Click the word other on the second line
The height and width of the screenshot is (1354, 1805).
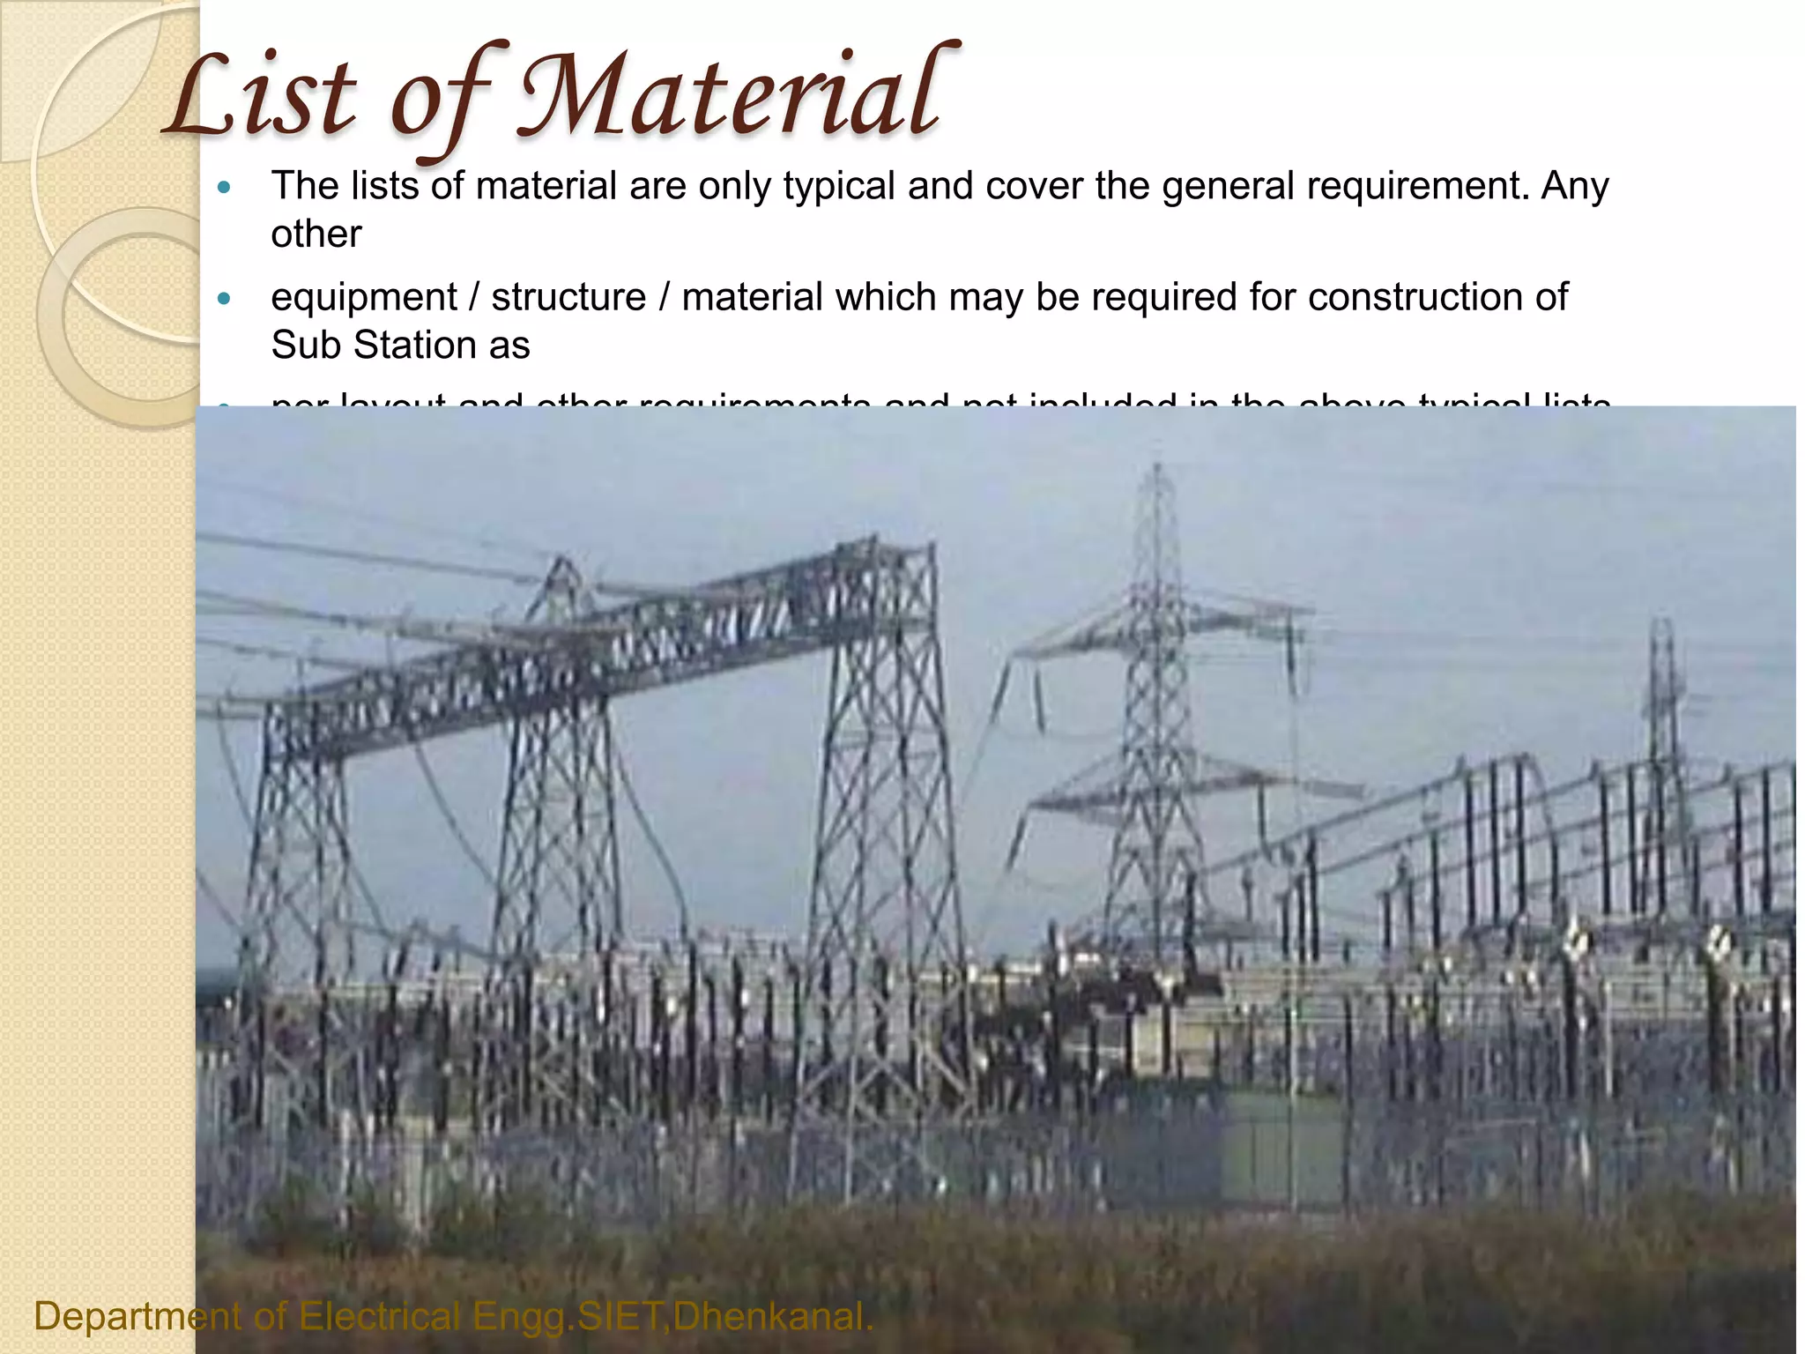316,234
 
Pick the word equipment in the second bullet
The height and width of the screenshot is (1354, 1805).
363,298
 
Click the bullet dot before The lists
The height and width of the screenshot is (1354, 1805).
223,188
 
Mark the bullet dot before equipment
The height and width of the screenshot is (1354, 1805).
223,300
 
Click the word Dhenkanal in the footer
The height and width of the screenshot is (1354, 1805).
773,1317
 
